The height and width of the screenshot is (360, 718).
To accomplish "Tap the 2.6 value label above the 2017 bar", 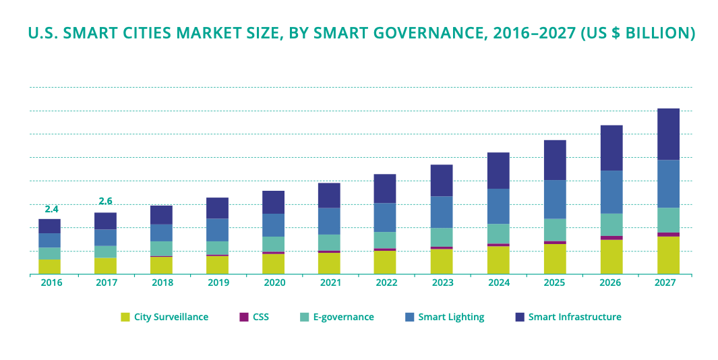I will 106,201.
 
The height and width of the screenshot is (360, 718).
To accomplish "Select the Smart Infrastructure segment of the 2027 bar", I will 668,134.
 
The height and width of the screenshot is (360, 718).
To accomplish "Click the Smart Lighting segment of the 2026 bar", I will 611,192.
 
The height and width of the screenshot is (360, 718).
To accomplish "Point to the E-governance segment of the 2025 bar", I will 556,230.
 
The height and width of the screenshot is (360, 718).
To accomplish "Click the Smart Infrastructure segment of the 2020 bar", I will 273,202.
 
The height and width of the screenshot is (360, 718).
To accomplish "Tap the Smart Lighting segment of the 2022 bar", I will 385,218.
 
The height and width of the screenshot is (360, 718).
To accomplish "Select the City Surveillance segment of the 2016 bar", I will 49,267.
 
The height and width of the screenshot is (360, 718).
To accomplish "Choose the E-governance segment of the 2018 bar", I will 161,249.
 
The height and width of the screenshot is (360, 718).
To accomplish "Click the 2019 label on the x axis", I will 217,283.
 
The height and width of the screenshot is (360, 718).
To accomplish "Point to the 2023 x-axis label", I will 442,283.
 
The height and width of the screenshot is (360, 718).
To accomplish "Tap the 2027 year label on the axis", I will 665,283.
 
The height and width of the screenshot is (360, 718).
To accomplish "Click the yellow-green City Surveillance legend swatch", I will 125,317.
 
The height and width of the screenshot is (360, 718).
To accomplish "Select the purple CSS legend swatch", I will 243,317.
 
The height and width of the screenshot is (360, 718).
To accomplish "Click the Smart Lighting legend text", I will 451,317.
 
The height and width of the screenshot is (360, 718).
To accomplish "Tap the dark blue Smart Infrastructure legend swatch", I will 519,317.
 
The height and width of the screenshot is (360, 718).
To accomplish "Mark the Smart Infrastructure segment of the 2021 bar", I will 329,196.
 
